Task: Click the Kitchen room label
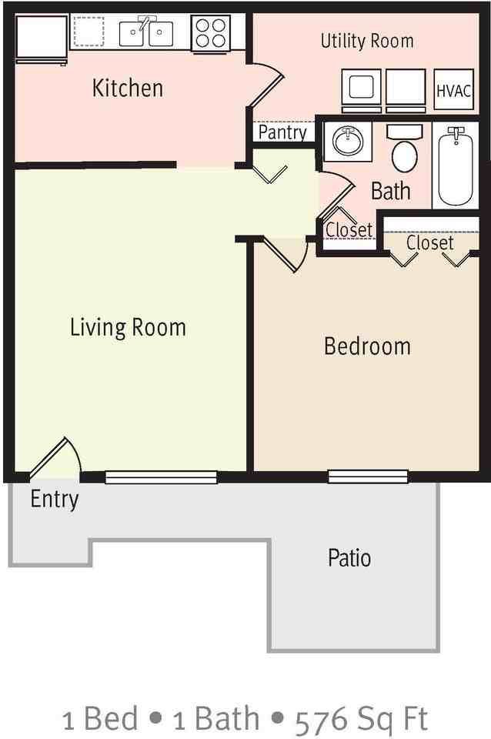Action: pos(128,88)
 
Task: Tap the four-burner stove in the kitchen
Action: pos(211,33)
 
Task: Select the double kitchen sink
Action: pos(146,32)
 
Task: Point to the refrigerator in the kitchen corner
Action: pos(42,39)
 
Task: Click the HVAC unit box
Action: pos(453,89)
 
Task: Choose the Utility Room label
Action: pos(367,41)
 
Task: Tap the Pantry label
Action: pos(282,132)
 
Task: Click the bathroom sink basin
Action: pos(348,141)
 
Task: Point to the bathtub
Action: pos(456,167)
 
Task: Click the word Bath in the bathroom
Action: pos(391,191)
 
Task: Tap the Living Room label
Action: pos(128,328)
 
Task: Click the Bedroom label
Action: pos(367,346)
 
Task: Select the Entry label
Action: pos(54,500)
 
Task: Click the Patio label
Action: pos(349,557)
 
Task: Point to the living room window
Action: pos(161,477)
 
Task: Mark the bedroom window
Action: pos(368,477)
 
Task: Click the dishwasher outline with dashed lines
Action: pos(89,32)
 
